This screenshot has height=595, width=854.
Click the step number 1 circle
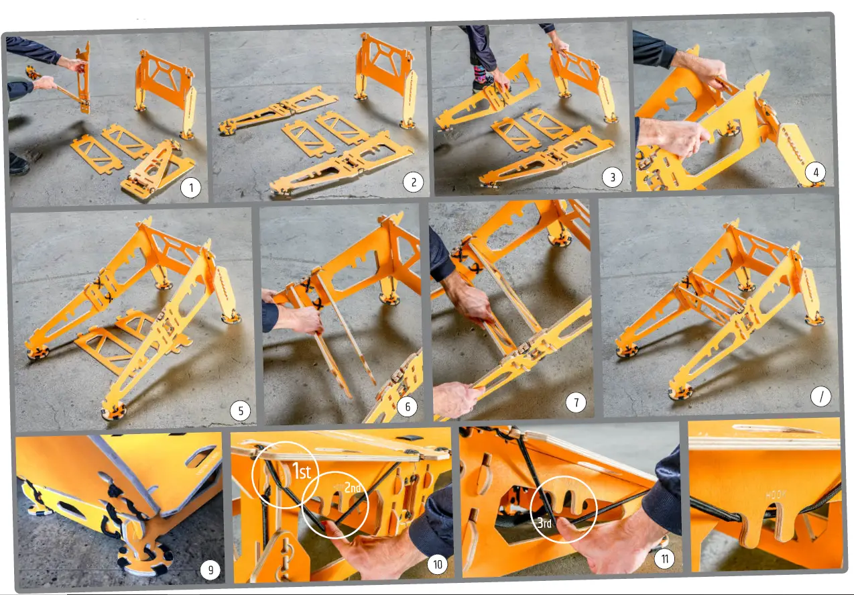click(191, 188)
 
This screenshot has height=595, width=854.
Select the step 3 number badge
click(611, 177)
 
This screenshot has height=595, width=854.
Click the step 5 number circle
click(241, 410)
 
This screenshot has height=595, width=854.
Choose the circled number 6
click(406, 407)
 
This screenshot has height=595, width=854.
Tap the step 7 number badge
click(575, 402)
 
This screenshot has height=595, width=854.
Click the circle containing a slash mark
click(820, 396)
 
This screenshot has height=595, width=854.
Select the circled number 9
click(210, 570)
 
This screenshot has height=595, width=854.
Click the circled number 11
click(664, 559)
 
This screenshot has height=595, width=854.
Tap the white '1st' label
click(302, 472)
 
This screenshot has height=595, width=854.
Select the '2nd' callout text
click(353, 488)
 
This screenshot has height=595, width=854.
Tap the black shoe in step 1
click(19, 163)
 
